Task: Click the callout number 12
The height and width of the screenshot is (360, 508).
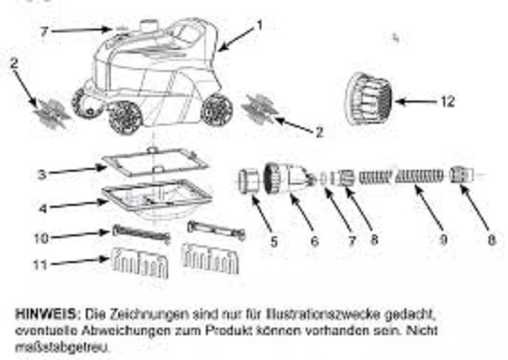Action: click(448, 102)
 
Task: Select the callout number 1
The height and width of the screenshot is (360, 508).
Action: click(260, 25)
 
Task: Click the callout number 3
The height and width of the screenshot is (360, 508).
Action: click(42, 174)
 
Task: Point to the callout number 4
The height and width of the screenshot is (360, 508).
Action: click(42, 209)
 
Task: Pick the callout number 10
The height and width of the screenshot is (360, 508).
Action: click(42, 238)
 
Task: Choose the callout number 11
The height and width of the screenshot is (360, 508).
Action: click(41, 265)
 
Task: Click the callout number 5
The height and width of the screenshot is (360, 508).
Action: click(274, 242)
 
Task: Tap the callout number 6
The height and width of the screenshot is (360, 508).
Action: click(314, 241)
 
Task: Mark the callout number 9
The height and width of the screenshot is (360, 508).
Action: click(443, 240)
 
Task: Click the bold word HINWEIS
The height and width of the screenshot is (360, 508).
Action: click(45, 314)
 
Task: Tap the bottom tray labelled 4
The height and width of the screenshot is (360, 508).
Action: click(158, 198)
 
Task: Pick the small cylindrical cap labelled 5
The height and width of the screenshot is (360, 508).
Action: click(248, 180)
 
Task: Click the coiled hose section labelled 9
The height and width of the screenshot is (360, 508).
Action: click(419, 176)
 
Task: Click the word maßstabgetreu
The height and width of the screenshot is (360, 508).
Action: click(62, 347)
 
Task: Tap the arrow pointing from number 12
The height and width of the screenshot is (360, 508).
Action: click(417, 102)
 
